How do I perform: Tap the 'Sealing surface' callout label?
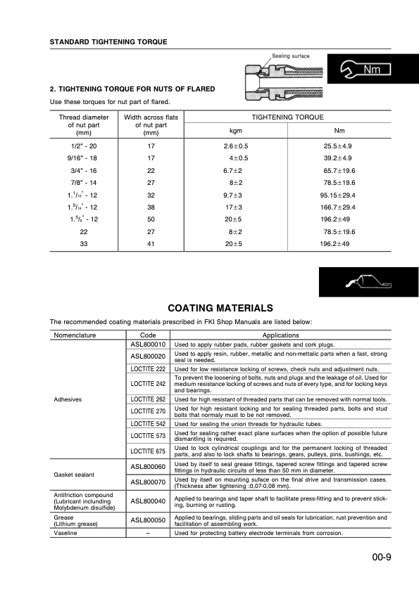[x=290, y=56]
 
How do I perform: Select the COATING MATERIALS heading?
[x=220, y=308]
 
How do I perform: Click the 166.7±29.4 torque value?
[x=338, y=208]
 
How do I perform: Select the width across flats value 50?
[x=150, y=220]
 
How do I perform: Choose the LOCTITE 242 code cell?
[x=149, y=383]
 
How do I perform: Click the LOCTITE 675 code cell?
[x=149, y=451]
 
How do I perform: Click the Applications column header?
[x=280, y=335]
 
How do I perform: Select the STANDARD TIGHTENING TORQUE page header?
[x=108, y=41]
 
